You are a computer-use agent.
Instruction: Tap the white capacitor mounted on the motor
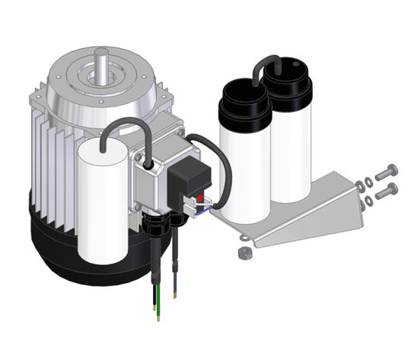tap(103, 202)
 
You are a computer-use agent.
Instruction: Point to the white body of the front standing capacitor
tap(245, 171)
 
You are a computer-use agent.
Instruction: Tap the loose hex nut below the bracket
tap(243, 253)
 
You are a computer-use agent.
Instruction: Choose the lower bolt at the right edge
tap(386, 191)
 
